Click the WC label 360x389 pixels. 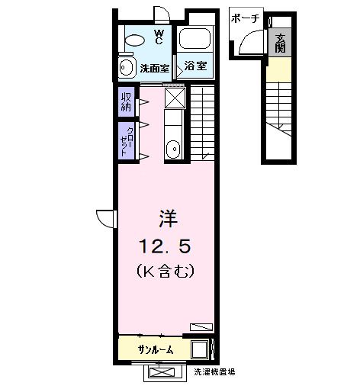[159, 36]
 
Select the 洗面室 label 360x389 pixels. [156, 68]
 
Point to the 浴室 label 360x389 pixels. [196, 66]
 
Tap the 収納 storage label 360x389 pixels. [125, 101]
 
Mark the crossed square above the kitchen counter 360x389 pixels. [175, 97]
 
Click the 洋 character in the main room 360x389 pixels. [168, 218]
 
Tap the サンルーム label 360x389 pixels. [155, 349]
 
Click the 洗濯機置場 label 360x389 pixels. [214, 372]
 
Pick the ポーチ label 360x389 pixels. [244, 18]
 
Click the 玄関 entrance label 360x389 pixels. [281, 44]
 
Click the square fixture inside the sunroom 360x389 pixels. [199, 349]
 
